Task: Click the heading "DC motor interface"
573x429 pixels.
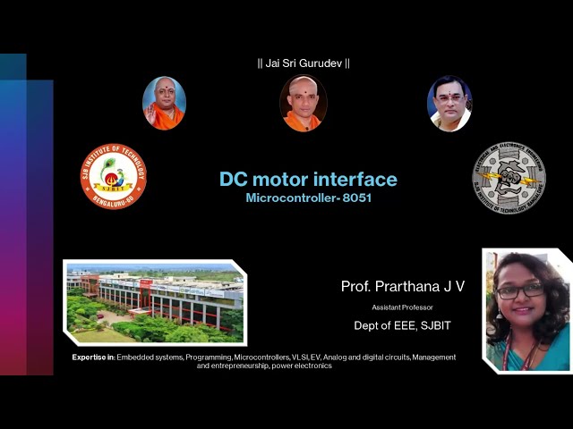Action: click(x=308, y=180)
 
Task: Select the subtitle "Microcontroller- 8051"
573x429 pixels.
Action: click(x=308, y=198)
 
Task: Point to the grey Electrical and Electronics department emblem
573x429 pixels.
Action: click(x=509, y=178)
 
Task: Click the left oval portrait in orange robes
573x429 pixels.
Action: click(x=164, y=104)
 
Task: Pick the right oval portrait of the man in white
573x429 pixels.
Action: click(x=449, y=104)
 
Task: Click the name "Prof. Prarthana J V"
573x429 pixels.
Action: click(x=403, y=286)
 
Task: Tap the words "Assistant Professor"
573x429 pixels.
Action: click(x=402, y=307)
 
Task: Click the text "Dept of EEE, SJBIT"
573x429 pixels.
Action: click(x=402, y=325)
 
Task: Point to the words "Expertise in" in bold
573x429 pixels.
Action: click(x=92, y=357)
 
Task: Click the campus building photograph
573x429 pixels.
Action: click(x=154, y=302)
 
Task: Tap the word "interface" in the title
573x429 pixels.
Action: click(x=355, y=180)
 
